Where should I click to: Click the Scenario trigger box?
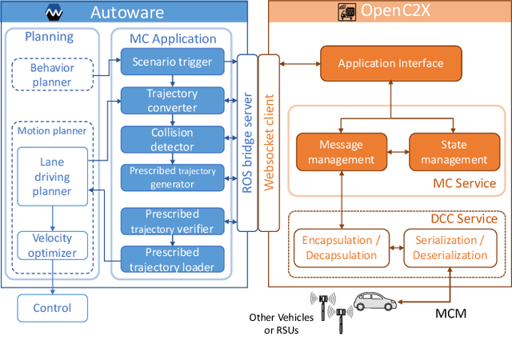pyautogui.click(x=172, y=60)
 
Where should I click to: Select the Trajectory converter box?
pyautogui.click(x=172, y=101)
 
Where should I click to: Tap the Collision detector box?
pyautogui.click(x=172, y=139)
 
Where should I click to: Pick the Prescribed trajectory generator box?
pyautogui.click(x=172, y=178)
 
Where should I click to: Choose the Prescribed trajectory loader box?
pyautogui.click(x=172, y=258)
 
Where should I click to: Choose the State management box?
pyautogui.click(x=454, y=152)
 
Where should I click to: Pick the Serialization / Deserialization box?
pyautogui.click(x=445, y=246)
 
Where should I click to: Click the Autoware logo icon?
pyautogui.click(x=54, y=13)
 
